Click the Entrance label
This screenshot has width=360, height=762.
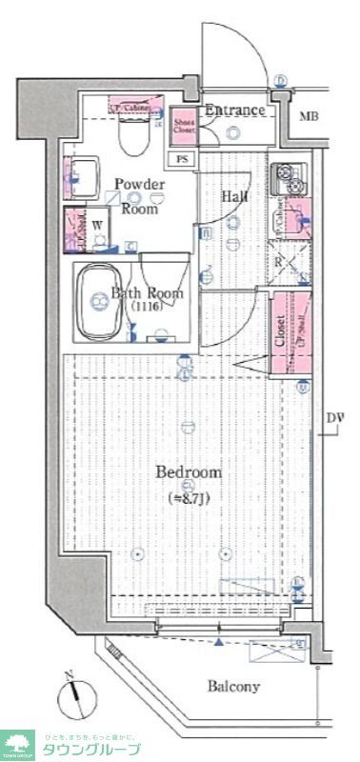click(233, 111)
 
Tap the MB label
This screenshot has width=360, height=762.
click(308, 117)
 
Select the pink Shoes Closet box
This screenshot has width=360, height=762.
click(184, 127)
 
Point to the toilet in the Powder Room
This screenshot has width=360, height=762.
click(132, 136)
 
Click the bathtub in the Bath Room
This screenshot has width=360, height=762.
click(100, 302)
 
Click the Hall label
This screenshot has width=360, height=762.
click(234, 196)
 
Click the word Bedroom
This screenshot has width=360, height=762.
click(189, 472)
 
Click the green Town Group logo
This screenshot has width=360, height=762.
click(19, 744)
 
